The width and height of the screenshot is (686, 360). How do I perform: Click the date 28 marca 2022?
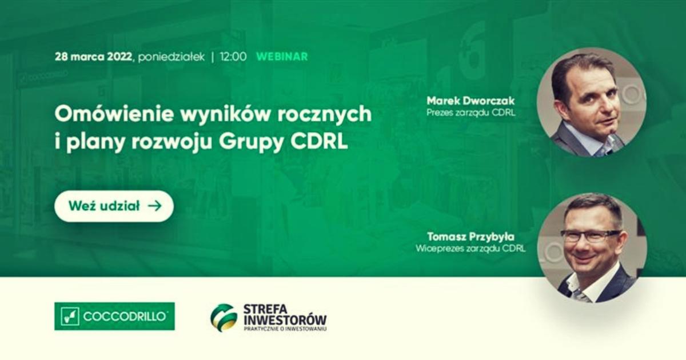click(93, 57)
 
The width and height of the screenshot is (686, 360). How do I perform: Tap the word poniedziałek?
click(171, 57)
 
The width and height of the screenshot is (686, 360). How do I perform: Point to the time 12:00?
click(233, 57)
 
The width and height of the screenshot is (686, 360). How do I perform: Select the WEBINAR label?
click(282, 57)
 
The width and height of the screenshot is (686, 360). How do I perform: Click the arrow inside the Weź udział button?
click(155, 206)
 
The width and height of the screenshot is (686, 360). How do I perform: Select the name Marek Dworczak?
click(470, 101)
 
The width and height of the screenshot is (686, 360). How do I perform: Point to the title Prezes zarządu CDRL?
click(470, 113)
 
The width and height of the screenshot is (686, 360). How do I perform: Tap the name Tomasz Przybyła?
click(470, 237)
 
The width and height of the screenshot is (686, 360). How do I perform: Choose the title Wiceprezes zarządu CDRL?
click(470, 248)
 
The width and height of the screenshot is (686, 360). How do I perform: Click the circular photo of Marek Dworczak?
click(591, 102)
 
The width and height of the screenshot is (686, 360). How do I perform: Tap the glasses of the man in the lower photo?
click(591, 236)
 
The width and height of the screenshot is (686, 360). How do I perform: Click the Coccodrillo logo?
click(114, 316)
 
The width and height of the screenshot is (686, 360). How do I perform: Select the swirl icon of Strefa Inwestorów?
click(224, 318)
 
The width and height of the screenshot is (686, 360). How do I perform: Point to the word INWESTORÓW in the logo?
click(285, 320)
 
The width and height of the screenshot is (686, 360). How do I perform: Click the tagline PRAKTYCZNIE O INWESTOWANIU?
click(285, 329)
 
